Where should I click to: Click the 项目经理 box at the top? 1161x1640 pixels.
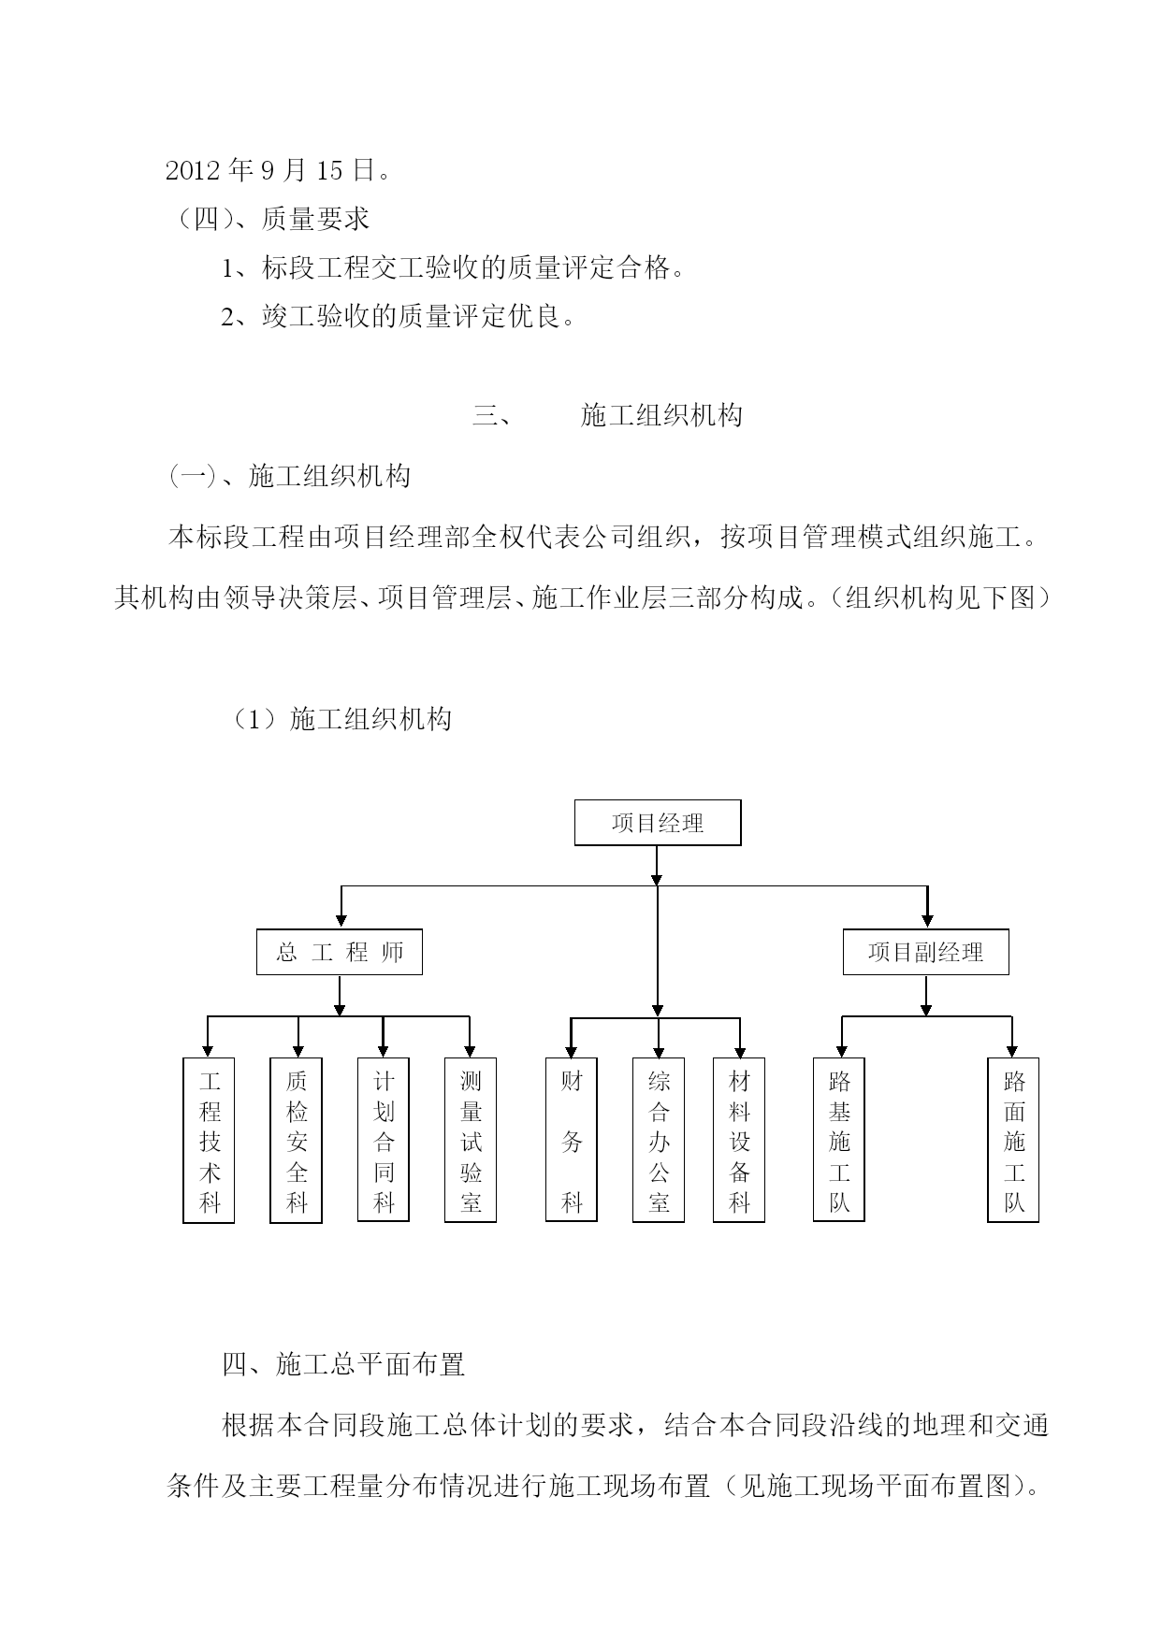click(x=657, y=823)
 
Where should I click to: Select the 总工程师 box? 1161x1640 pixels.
click(x=340, y=952)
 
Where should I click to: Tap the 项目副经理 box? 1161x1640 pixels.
click(x=926, y=952)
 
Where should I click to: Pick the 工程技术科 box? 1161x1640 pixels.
click(x=209, y=1140)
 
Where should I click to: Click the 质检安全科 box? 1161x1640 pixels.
click(x=296, y=1140)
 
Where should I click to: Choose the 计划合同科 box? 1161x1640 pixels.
click(x=384, y=1140)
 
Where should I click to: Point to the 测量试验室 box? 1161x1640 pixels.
click(x=471, y=1140)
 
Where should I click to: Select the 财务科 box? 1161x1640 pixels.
click(x=572, y=1140)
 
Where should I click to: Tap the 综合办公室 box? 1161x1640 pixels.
click(x=659, y=1140)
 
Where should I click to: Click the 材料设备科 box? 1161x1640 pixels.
click(x=739, y=1140)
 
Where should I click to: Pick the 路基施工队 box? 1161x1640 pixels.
click(x=839, y=1140)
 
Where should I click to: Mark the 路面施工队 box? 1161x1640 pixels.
click(x=1013, y=1140)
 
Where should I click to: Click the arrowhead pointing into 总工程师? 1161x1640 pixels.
click(x=341, y=921)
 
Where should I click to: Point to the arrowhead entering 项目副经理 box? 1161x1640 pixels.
click(x=927, y=921)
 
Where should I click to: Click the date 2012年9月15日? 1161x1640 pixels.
click(x=277, y=170)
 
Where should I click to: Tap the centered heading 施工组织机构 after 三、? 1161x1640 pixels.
click(x=661, y=414)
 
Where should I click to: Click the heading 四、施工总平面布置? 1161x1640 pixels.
click(x=343, y=1364)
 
